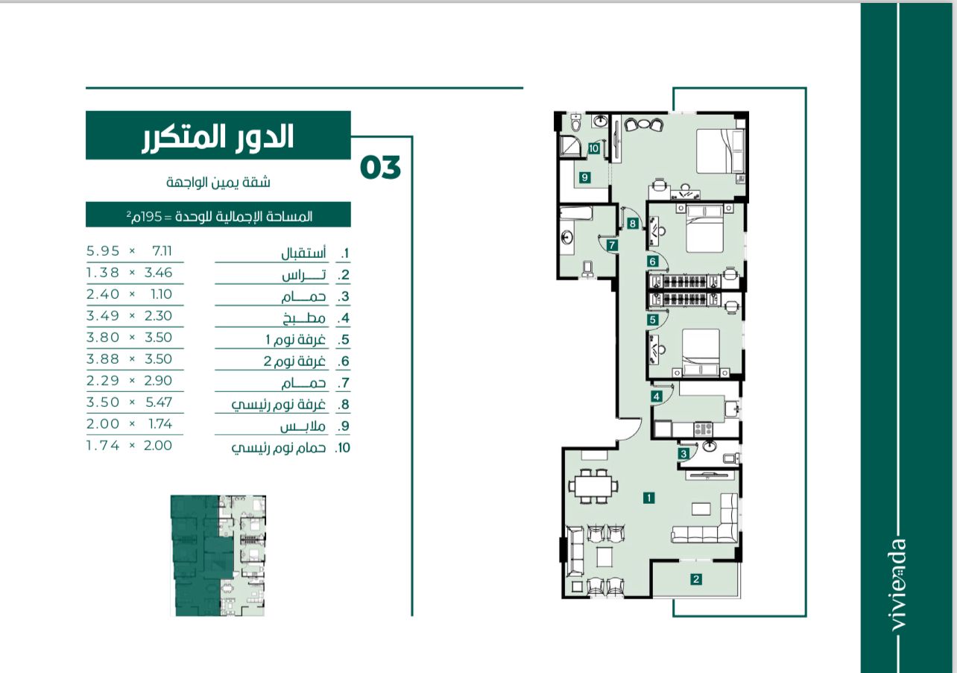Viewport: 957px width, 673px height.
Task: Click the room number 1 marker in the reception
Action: pos(648,497)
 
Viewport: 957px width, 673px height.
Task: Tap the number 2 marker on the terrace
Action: pos(696,579)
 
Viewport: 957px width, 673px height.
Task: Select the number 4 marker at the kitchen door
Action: pos(657,396)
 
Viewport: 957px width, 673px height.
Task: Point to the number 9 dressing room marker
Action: pos(585,177)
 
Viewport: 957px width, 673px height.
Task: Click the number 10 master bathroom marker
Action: pos(594,148)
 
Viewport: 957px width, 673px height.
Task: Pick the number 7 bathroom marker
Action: pos(612,245)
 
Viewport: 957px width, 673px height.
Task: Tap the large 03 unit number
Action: pos(380,167)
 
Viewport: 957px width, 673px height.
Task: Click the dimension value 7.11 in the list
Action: pos(162,251)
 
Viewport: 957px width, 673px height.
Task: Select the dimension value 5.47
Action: pos(159,402)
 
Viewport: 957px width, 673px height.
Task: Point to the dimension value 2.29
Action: pos(103,380)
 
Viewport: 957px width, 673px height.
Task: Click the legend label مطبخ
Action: pos(304,318)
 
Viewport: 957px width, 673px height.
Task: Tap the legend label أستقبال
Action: pos(303,253)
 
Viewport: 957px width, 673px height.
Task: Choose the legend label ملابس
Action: pos(303,426)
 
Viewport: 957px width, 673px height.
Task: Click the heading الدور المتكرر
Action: pos(218,136)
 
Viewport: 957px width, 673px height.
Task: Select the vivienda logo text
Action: pos(898,584)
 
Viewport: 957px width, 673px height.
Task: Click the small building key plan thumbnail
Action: pos(218,555)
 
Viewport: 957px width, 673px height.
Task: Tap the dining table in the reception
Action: pos(593,486)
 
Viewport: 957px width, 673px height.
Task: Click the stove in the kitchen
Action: pos(703,429)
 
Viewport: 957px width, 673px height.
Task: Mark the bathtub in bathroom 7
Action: pos(576,213)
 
